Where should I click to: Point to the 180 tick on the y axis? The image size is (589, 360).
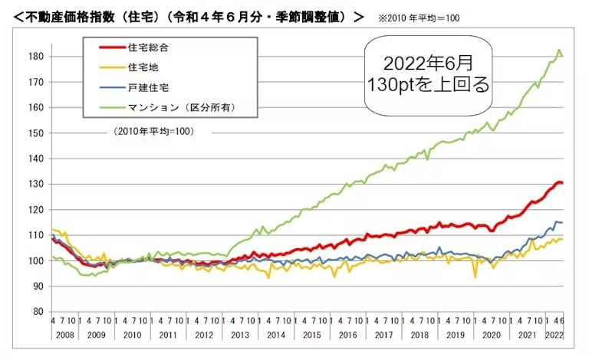click(35, 56)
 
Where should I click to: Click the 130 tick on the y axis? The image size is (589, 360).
click(35, 184)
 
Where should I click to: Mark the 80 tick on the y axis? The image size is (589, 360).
click(37, 312)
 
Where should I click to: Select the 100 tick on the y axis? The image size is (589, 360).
click(35, 260)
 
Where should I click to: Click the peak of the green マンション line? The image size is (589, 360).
click(559, 51)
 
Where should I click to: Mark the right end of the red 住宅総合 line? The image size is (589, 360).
click(562, 182)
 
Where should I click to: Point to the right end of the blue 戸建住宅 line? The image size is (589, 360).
click(562, 222)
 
